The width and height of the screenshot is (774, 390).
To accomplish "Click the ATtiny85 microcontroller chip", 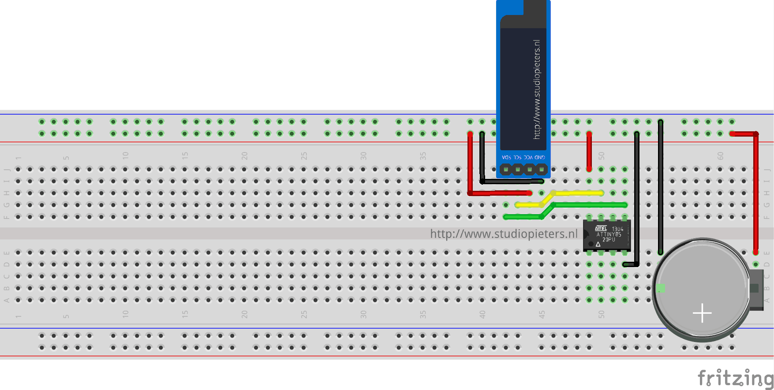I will (607, 235).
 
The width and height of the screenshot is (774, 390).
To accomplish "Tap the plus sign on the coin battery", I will (702, 313).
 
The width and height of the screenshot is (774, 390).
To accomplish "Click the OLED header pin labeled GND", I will (542, 169).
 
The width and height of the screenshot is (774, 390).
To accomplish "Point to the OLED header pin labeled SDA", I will (506, 169).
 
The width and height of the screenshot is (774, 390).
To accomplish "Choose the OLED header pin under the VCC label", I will (530, 169).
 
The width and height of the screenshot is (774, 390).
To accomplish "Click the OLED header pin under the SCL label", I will (518, 169).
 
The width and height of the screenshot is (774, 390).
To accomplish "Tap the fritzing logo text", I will (735, 378).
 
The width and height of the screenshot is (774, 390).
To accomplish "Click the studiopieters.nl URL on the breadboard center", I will (504, 234).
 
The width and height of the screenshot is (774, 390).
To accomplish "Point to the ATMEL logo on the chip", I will (601, 228).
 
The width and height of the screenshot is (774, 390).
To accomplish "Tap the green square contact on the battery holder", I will (660, 288).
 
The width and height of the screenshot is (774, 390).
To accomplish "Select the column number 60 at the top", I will (720, 156).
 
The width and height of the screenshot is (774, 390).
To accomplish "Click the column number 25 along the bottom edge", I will (304, 314).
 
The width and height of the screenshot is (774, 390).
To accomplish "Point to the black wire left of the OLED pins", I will (482, 156).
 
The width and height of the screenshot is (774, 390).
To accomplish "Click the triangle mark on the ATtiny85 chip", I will (598, 244).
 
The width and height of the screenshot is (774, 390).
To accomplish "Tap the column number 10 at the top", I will (125, 156).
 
